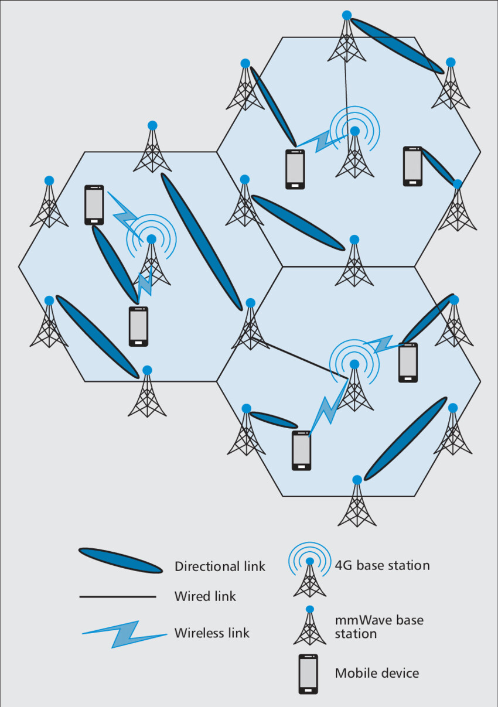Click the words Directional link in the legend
click(220, 566)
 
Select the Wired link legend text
click(205, 596)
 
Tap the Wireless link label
click(212, 633)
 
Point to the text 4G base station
click(382, 565)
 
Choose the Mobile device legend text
click(377, 673)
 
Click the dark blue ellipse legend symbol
click(120, 561)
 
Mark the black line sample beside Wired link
click(117, 597)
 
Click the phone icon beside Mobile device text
click(308, 674)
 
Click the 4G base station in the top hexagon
click(354, 149)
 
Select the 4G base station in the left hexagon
click(152, 258)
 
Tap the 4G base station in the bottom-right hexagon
click(354, 384)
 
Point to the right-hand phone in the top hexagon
click(412, 166)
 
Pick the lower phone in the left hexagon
click(138, 326)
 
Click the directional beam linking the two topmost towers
click(397, 46)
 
